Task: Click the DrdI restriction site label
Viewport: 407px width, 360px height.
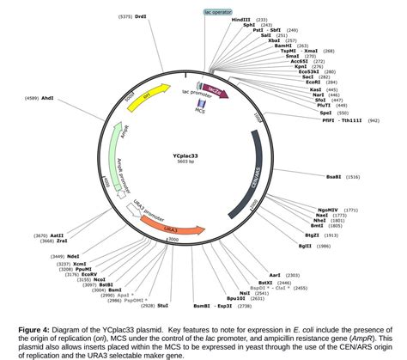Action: [141, 16]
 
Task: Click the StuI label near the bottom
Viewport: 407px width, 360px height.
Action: [162, 306]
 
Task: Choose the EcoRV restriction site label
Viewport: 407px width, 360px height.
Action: [88, 274]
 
